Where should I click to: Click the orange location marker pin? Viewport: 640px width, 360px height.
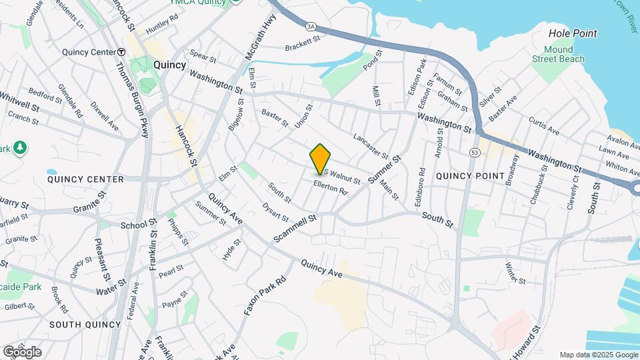point(321,159)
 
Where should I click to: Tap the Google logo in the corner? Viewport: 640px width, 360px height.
point(22,351)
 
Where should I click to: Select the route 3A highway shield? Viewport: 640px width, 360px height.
point(311,26)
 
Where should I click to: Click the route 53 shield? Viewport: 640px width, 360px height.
point(474,153)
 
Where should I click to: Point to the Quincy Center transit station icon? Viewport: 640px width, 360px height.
point(121,52)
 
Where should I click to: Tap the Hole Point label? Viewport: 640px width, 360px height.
point(572,33)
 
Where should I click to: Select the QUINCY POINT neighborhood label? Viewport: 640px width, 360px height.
point(470,175)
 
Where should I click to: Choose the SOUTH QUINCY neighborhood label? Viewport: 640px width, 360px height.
point(84,325)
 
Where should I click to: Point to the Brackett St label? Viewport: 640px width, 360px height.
point(303,47)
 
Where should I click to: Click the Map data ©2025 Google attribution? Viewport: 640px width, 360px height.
point(599,355)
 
